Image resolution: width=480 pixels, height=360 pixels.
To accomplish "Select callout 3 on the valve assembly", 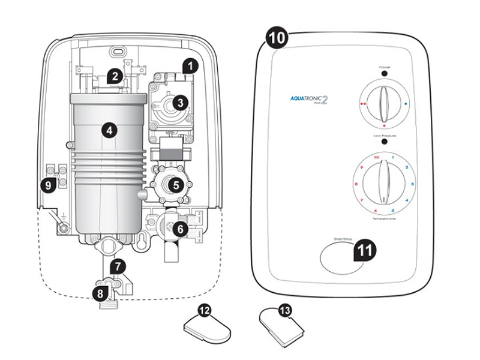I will coord(178,103).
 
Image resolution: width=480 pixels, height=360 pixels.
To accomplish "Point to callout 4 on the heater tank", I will coord(108,129).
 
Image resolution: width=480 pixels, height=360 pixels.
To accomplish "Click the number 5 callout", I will coord(176,185).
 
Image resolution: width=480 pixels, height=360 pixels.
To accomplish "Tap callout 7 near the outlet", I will coord(119,265).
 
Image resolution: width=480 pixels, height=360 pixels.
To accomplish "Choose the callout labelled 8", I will coord(100,293).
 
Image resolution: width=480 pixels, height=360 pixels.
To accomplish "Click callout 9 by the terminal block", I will coord(49,185).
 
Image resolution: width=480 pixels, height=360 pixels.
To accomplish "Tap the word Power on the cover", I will coord(385,66).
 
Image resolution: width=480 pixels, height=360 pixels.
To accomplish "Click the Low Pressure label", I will coord(385,136).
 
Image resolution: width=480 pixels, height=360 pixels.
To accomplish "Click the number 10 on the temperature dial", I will coord(376,157).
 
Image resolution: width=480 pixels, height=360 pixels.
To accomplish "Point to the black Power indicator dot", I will coord(385,73).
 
